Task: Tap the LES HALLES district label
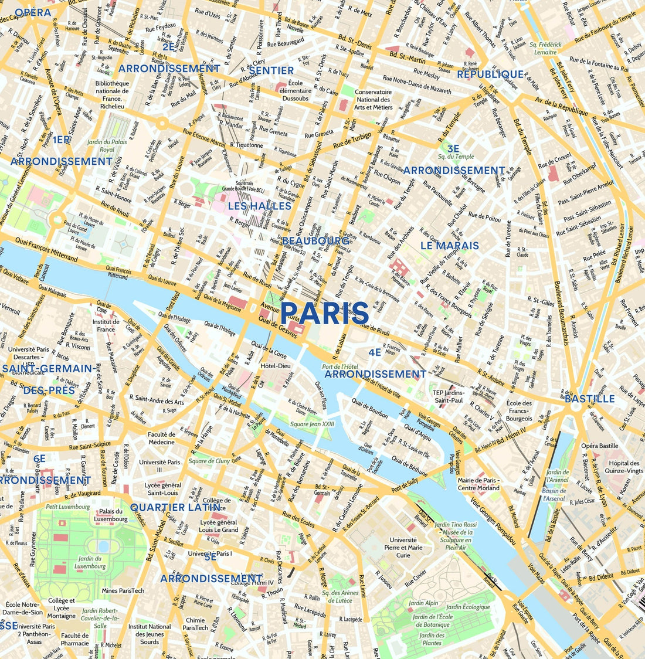[259, 206]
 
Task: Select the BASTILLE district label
[589, 399]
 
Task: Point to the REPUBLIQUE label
[490, 74]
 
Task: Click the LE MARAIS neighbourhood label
[449, 246]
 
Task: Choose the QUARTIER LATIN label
[175, 507]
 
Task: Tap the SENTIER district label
[271, 70]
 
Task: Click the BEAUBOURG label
[315, 241]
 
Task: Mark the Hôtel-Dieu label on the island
[276, 366]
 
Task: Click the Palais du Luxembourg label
[111, 515]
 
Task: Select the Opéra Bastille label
[599, 446]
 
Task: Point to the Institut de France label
[106, 325]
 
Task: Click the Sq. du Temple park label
[456, 157]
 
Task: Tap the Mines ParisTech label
[123, 590]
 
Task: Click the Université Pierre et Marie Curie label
[403, 548]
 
